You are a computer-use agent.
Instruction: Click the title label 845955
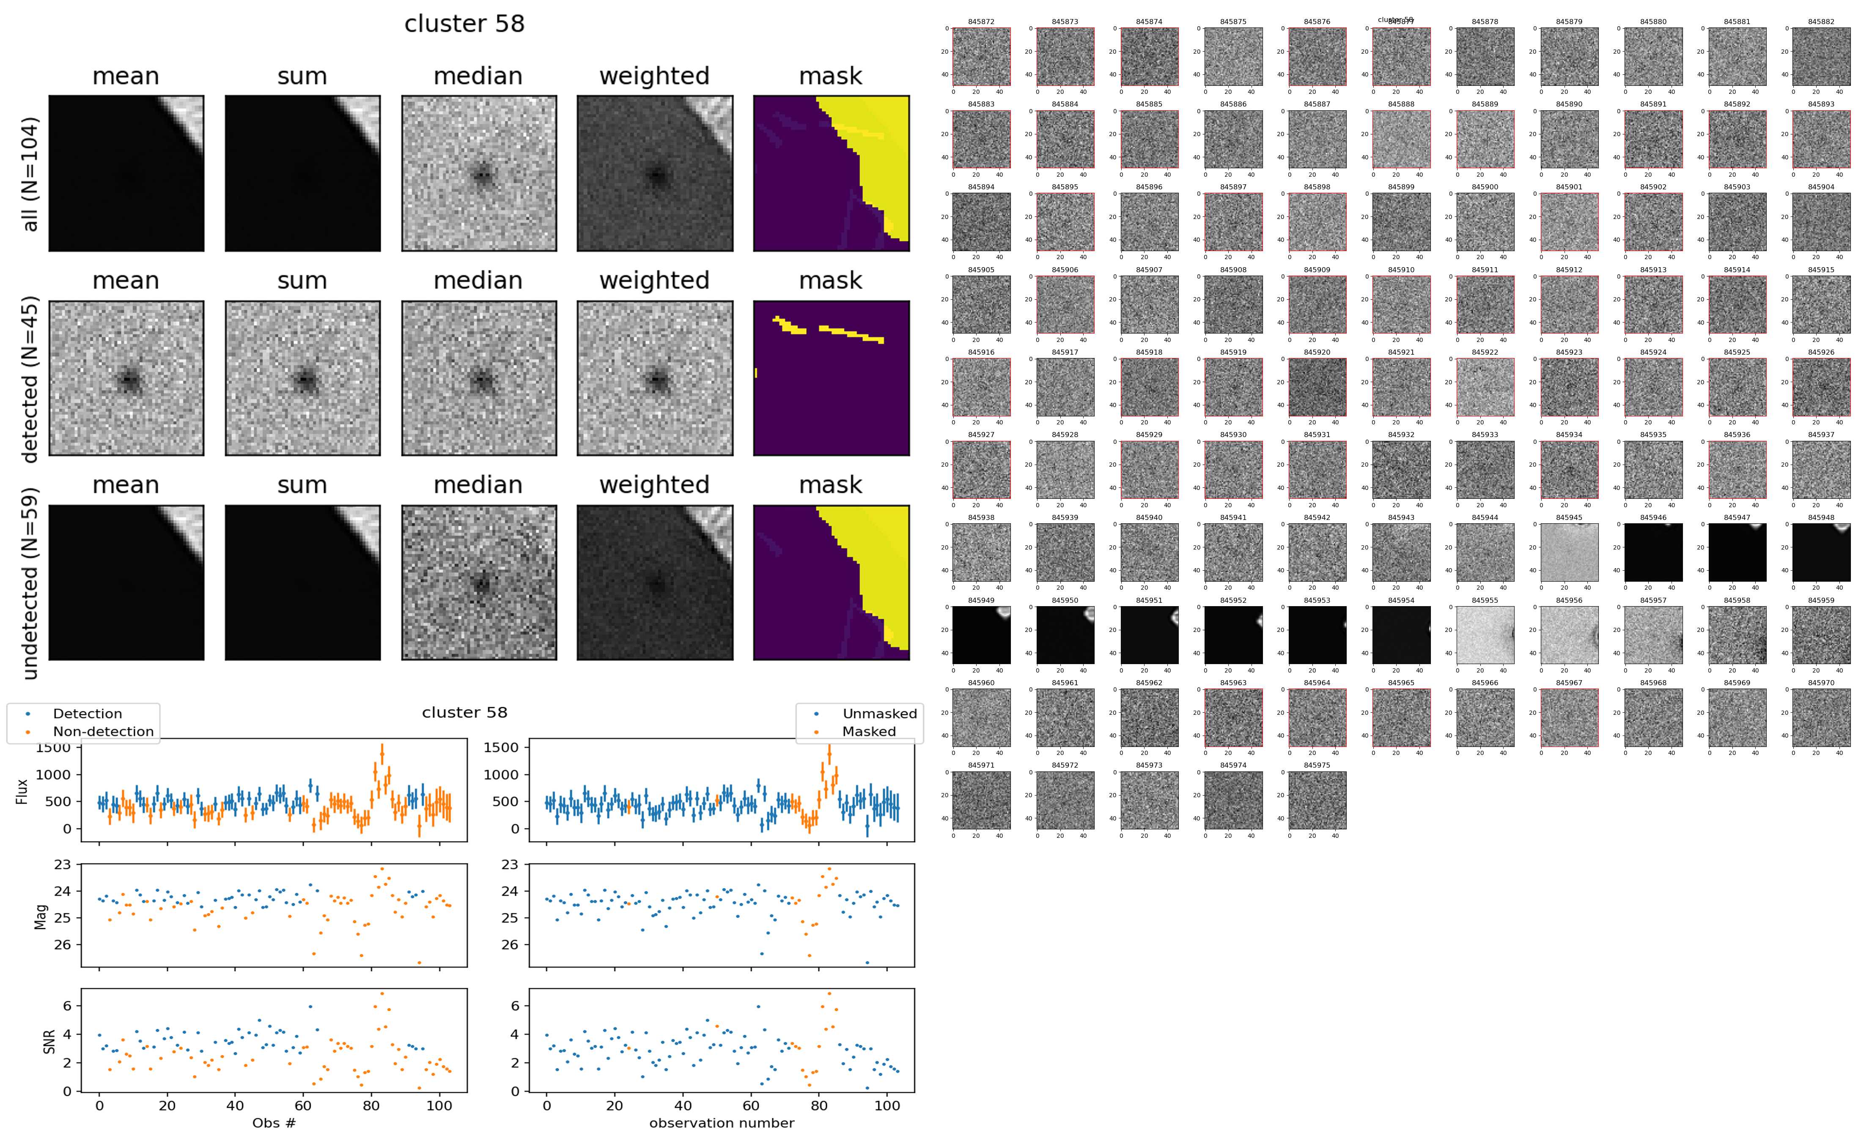1485,600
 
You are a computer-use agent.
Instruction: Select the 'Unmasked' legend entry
879,714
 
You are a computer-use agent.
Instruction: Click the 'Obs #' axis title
274,1123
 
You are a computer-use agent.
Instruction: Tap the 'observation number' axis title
722,1123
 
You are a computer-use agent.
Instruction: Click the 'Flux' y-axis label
22,791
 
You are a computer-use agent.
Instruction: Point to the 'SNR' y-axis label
49,1041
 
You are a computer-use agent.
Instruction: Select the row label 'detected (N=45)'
30,379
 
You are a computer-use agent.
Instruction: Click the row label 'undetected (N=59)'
30,583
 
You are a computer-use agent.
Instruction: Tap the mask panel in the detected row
831,378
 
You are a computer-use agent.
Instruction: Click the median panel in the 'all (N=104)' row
479,173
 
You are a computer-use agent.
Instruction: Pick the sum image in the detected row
302,378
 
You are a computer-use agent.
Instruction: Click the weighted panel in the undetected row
655,583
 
